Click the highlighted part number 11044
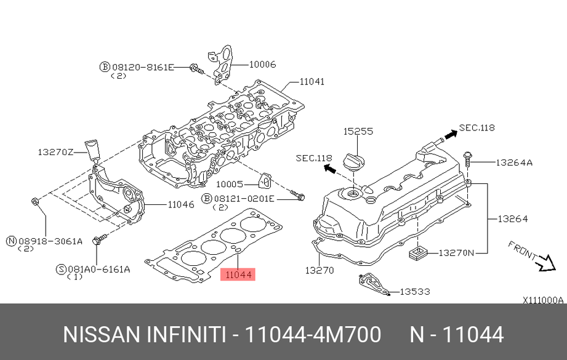pyautogui.click(x=238, y=274)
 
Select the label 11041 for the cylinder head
pyautogui.click(x=312, y=81)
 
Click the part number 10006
pyautogui.click(x=262, y=64)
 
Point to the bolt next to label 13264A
pyautogui.click(x=468, y=159)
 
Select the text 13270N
pyautogui.click(x=456, y=252)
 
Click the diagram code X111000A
pyautogui.click(x=543, y=300)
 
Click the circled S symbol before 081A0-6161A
pyautogui.click(x=60, y=269)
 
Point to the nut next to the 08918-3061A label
pyautogui.click(x=35, y=201)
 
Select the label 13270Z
pyautogui.click(x=55, y=151)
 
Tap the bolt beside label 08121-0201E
pyautogui.click(x=299, y=197)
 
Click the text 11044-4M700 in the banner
pyautogui.click(x=313, y=335)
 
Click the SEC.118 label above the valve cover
pyautogui.click(x=477, y=128)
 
